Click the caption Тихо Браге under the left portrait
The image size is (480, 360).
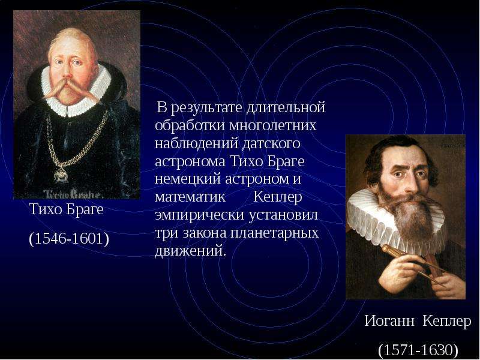coord(66,210)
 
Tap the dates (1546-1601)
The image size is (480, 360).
coord(69,238)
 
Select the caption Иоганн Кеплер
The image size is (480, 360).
coord(418,321)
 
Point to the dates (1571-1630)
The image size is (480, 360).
coord(418,350)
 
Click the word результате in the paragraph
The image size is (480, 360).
coord(206,108)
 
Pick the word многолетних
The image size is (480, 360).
coord(273,125)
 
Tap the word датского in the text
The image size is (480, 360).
coord(271,143)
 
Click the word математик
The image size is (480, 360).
coord(190,197)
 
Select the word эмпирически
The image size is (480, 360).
coord(200,215)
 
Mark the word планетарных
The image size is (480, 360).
coord(274,233)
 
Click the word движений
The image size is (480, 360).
coord(190,251)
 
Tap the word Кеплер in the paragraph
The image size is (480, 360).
coord(278,197)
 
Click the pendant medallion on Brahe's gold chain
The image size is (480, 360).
coord(61,176)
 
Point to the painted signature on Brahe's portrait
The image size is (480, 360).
coord(71,194)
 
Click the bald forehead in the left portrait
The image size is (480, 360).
coord(71,44)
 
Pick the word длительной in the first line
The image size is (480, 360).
coord(285,108)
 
